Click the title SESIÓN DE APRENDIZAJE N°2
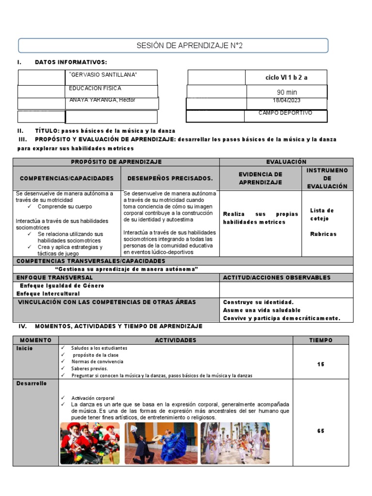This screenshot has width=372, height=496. pyautogui.click(x=189, y=46)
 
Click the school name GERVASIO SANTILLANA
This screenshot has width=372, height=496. pyautogui.click(x=103, y=75)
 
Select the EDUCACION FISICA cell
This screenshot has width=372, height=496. pyautogui.click(x=95, y=89)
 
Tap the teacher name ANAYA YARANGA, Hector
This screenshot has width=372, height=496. pyautogui.click(x=102, y=100)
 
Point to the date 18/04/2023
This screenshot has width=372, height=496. pyautogui.click(x=287, y=100)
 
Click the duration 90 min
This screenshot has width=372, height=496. pyautogui.click(x=287, y=93)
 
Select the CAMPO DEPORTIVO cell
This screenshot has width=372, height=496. pyautogui.click(x=285, y=113)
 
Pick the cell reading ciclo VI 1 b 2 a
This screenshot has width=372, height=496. pyautogui.click(x=287, y=77)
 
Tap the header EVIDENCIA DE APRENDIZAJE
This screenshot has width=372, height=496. pyautogui.click(x=260, y=178)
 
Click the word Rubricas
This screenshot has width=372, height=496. pyautogui.click(x=323, y=234)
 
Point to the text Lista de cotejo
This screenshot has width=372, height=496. pyautogui.click(x=322, y=214)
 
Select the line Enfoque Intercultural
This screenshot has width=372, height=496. pyautogui.click(x=48, y=294)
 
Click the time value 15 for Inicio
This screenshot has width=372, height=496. pyautogui.click(x=321, y=364)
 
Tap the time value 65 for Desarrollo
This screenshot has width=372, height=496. pyautogui.click(x=321, y=431)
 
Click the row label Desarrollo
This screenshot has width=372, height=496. pyautogui.click(x=31, y=383)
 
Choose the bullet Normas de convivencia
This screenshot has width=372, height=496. pyautogui.click(x=97, y=361)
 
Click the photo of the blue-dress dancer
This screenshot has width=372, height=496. pyautogui.click(x=161, y=443)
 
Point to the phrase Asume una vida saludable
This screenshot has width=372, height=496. pyautogui.click(x=262, y=310)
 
